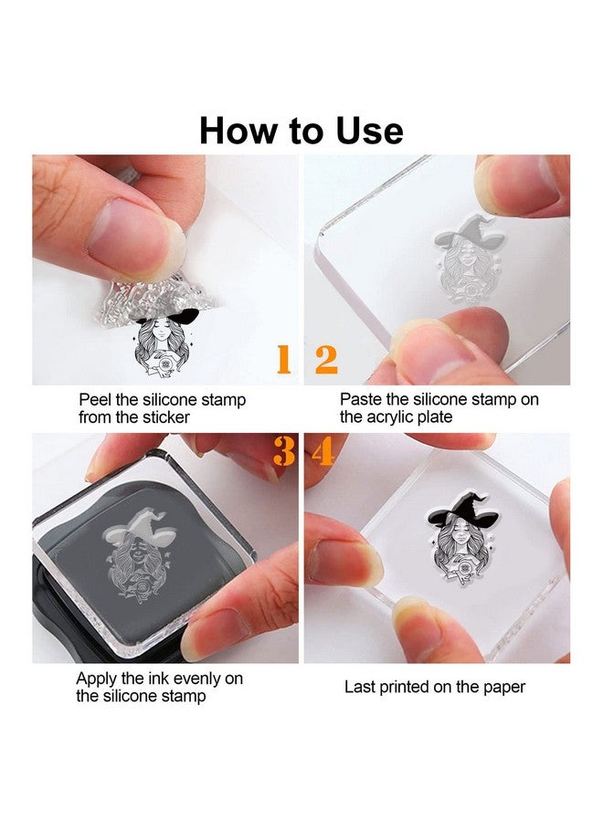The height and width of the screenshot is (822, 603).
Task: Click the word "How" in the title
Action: click(238, 131)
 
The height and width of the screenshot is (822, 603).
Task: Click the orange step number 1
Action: click(283, 359)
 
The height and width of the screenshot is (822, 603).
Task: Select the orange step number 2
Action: click(326, 359)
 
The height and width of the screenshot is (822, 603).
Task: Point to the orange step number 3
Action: click(283, 451)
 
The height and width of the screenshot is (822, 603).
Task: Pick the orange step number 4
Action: click(323, 451)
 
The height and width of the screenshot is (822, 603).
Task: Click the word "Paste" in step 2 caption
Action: click(361, 399)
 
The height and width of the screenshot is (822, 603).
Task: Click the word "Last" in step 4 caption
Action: click(359, 687)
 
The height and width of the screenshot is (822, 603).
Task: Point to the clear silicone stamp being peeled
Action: click(157, 300)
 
